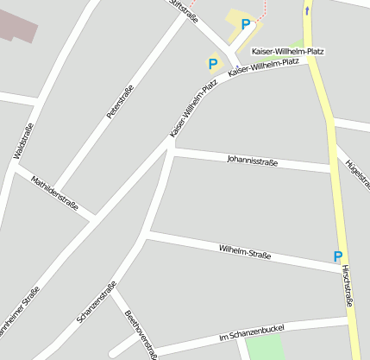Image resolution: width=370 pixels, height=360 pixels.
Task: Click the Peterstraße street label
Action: pos(120,102)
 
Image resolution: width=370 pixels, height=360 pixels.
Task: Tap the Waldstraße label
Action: pos(24,142)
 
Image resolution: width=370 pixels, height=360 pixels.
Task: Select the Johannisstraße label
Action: pos(252,160)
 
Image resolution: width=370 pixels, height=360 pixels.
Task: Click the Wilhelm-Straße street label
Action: pos(245,252)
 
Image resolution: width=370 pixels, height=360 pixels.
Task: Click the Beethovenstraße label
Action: pos(140,332)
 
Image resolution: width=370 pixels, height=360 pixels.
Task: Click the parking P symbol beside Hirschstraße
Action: pos(338,256)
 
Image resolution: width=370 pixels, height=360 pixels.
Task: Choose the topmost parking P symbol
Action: pos(247,25)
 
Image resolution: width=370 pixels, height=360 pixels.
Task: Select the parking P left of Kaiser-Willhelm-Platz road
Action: pos(213,63)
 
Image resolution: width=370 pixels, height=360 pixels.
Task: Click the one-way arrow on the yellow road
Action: pos(308,10)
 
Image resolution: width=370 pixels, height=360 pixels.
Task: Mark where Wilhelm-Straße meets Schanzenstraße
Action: pos(149,232)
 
